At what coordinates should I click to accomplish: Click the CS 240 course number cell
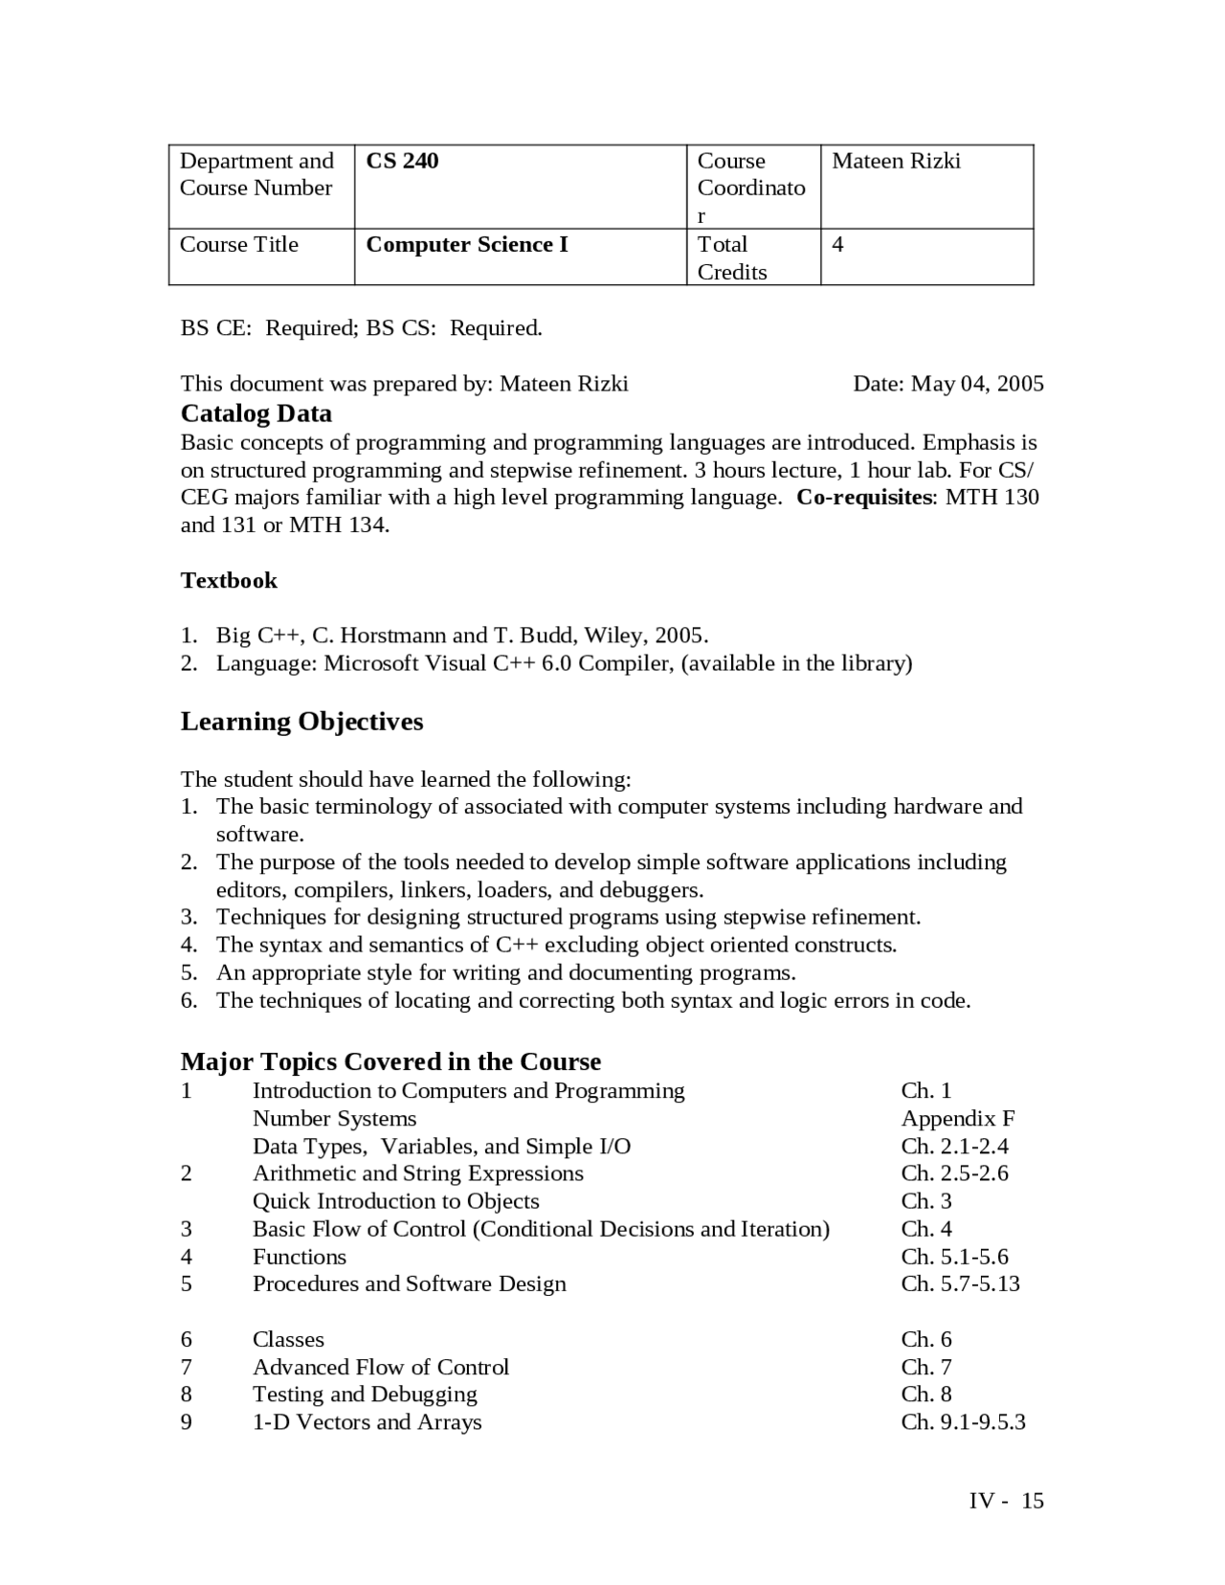[x=402, y=161]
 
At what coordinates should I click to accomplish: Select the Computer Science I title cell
[x=467, y=245]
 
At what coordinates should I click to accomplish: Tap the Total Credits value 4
[x=837, y=245]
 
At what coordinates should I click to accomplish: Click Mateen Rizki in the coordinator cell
[x=896, y=161]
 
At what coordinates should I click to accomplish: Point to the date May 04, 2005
[x=976, y=385]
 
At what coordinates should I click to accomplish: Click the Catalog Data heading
[x=256, y=413]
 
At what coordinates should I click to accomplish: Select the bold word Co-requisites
[x=864, y=498]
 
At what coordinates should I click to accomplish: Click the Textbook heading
[x=229, y=581]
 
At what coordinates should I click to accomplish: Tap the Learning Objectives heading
[x=301, y=722]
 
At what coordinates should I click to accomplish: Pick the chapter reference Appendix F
[x=957, y=1119]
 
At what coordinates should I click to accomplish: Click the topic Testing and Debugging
[x=365, y=1395]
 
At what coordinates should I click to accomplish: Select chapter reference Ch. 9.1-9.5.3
[x=963, y=1422]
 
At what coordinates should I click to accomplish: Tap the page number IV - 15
[x=1006, y=1501]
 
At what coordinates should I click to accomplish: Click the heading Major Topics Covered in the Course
[x=390, y=1062]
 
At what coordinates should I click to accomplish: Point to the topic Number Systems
[x=334, y=1119]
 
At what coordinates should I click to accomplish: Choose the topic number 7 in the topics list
[x=187, y=1368]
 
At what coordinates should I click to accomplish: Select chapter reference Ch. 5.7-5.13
[x=960, y=1284]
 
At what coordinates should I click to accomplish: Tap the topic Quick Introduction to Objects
[x=395, y=1201]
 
